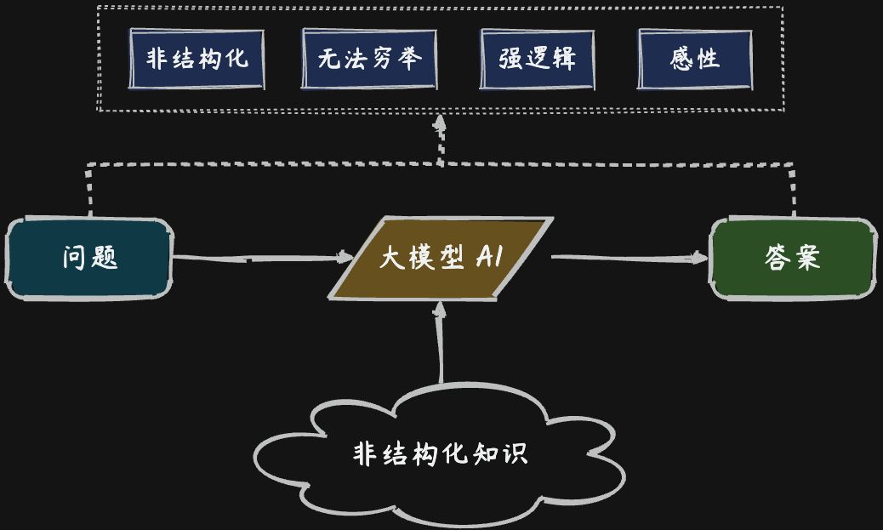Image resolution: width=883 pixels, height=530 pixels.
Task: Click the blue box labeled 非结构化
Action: click(x=197, y=59)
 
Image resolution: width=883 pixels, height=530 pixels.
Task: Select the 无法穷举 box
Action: click(x=369, y=59)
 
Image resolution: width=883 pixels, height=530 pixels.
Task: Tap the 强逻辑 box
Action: click(x=537, y=59)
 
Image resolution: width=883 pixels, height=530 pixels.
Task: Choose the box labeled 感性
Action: click(x=695, y=59)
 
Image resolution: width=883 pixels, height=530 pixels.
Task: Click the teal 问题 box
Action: click(x=88, y=258)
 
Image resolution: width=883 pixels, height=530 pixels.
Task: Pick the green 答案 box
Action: click(x=792, y=258)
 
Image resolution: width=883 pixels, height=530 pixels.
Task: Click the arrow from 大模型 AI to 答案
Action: click(x=629, y=257)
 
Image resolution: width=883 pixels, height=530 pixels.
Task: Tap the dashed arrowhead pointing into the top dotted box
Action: click(x=440, y=126)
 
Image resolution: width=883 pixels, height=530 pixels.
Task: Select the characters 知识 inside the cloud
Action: click(x=506, y=453)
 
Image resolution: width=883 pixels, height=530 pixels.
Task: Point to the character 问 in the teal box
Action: click(x=76, y=258)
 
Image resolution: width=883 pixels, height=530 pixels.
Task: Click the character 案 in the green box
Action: click(x=806, y=258)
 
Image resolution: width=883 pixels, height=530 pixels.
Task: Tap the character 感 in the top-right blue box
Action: click(x=682, y=59)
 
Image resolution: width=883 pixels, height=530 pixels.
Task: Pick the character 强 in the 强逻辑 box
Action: click(x=511, y=59)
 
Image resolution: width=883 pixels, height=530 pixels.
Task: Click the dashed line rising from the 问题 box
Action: click(x=88, y=189)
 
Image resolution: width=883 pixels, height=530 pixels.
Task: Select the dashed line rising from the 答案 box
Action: click(x=793, y=189)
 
